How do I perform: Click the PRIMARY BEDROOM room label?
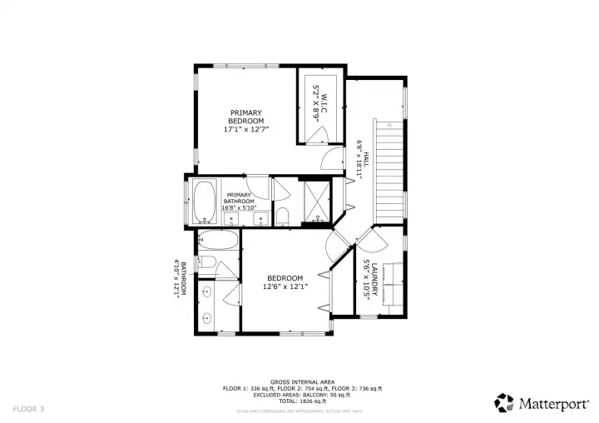click(x=246, y=122)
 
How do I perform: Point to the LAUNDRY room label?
click(x=370, y=277)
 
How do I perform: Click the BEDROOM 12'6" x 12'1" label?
click(x=285, y=282)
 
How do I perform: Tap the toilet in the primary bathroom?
click(x=282, y=218)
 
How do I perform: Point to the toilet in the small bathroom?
click(x=208, y=265)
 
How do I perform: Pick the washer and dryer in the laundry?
click(x=391, y=284)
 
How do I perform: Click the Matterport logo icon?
click(x=504, y=403)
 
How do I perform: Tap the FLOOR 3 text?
click(x=28, y=409)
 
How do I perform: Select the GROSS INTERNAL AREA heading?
click(x=302, y=381)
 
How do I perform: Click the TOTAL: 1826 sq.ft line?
click(x=302, y=401)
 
